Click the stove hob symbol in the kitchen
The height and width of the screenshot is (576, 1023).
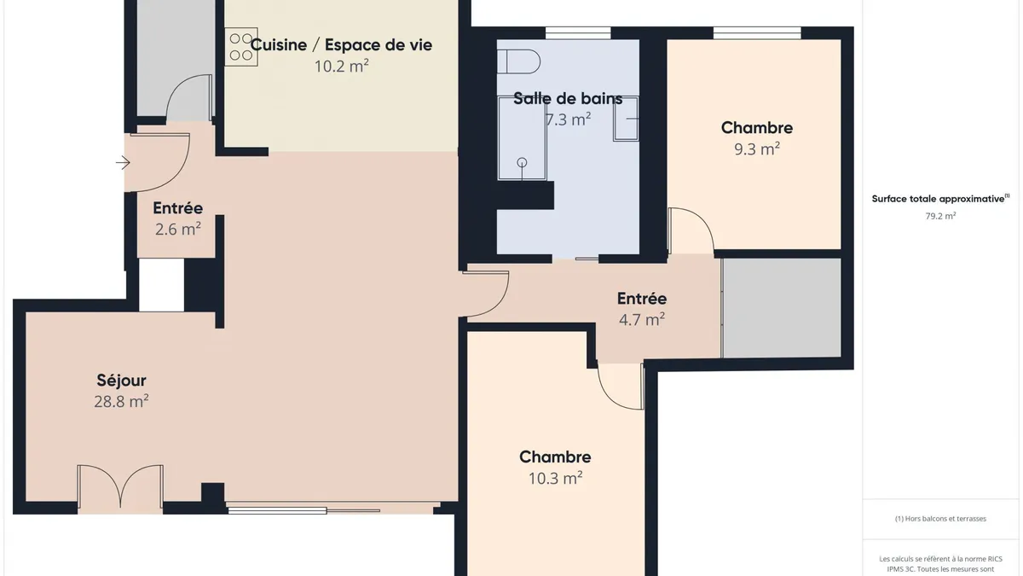[241, 47]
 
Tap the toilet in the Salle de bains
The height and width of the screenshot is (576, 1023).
[519, 61]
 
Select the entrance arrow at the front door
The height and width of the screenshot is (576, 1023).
[123, 163]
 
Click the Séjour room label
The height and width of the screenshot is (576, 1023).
[121, 381]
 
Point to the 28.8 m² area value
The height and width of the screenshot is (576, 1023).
[121, 401]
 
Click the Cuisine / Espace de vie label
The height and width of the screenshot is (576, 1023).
[341, 44]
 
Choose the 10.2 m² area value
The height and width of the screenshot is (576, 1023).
[342, 67]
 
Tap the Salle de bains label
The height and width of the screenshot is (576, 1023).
[568, 98]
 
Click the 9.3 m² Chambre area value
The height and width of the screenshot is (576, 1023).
[757, 149]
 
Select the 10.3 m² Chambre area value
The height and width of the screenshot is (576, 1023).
[555, 478]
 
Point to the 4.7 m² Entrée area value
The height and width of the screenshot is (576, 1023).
[642, 320]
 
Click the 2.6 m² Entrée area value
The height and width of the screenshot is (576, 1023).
[177, 229]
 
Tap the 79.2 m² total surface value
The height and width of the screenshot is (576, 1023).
[940, 216]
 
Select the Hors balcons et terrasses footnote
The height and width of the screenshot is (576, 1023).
[940, 519]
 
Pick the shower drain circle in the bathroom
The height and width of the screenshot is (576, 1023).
[522, 162]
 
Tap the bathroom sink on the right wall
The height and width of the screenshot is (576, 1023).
[626, 119]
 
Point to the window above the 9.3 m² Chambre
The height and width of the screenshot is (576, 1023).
[757, 33]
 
